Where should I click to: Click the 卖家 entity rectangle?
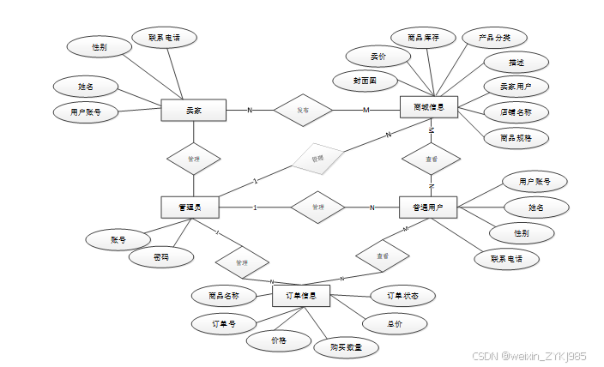pos(193,110)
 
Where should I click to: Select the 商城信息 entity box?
pos(430,107)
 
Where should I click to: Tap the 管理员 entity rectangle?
pos(190,207)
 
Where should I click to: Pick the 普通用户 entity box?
pos(428,207)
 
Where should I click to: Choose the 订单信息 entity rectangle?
pos(301,296)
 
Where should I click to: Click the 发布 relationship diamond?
pos(303,110)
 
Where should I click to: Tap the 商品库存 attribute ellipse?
pos(423,38)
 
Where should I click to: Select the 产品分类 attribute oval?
pos(494,38)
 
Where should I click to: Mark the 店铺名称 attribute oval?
pos(515,111)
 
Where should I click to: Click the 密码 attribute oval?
pos(160,257)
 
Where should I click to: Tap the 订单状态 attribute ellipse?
pos(401,296)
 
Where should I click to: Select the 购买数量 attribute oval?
pos(346,347)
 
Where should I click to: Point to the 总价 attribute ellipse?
pos(394,323)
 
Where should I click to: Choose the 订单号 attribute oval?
pos(224,324)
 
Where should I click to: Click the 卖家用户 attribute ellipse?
pos(516,87)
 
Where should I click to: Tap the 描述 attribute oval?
pos(516,63)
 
